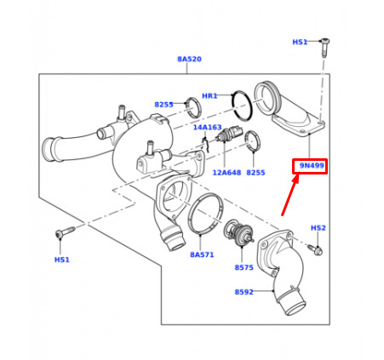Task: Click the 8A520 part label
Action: (189, 59)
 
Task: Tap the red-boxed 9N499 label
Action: (312, 166)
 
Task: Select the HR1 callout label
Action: (209, 96)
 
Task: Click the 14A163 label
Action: (207, 128)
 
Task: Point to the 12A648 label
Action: (226, 173)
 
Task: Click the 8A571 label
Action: (202, 254)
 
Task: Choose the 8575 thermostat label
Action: (244, 267)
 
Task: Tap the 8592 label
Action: (244, 292)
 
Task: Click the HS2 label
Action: (318, 228)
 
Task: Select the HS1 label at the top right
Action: (300, 42)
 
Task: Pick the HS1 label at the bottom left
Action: (62, 260)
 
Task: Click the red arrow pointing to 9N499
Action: (290, 195)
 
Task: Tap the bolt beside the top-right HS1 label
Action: (324, 48)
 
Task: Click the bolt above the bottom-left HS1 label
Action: (65, 231)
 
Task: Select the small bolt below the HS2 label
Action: (315, 249)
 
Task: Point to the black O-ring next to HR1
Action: (243, 105)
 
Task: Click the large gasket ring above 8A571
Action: (205, 214)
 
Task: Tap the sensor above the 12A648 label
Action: (229, 134)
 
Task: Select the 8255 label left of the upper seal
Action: (163, 105)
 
